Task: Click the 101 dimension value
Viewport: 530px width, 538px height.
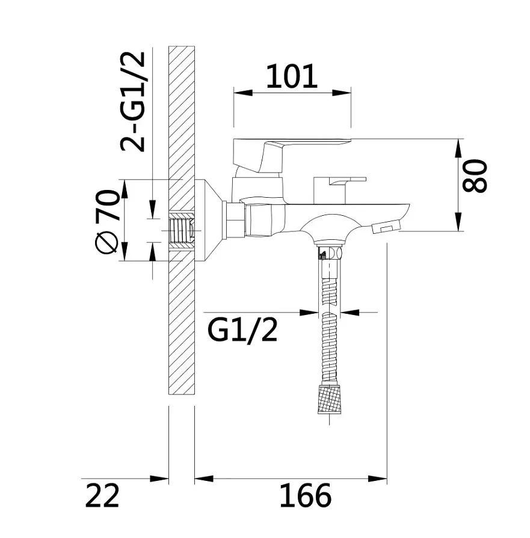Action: pos(292,76)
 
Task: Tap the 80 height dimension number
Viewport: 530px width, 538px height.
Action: pos(475,176)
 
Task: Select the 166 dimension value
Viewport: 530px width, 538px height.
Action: pos(306,495)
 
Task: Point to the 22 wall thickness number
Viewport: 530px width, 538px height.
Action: pos(102,495)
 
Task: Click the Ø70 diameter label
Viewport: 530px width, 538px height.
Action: pos(107,222)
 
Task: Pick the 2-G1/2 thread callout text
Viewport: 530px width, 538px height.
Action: pos(132,102)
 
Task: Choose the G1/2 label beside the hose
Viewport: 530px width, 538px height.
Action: pos(242,330)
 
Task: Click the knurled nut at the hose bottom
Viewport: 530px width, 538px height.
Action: pos(330,399)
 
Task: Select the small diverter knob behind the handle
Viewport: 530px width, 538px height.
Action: pos(339,190)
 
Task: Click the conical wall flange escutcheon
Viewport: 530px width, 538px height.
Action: pos(209,220)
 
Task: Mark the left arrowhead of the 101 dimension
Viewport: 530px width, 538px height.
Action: pos(243,93)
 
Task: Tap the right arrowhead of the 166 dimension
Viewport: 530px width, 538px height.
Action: pos(377,478)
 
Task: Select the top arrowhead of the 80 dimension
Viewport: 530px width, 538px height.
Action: pos(458,148)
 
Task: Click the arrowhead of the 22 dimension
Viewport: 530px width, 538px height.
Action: pos(159,478)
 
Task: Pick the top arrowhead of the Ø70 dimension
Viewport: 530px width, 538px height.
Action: pos(125,189)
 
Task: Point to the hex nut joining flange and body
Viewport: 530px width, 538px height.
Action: pos(233,220)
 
